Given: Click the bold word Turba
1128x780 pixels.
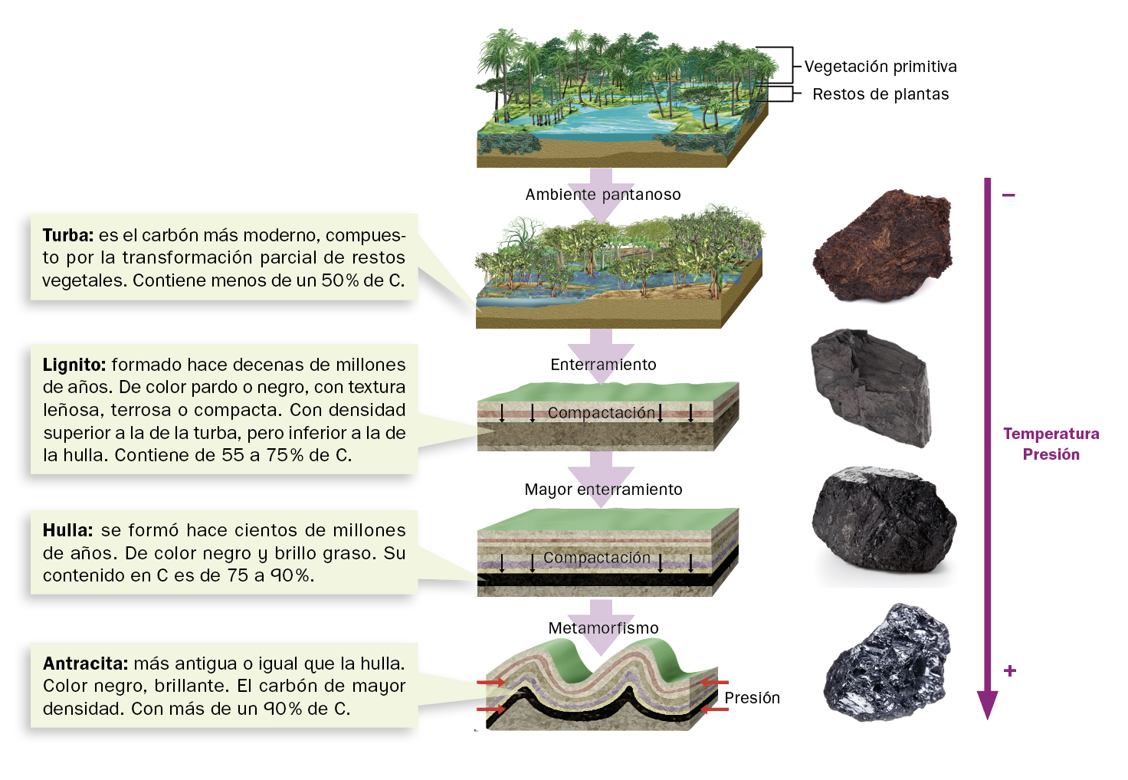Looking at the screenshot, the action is tap(68, 235).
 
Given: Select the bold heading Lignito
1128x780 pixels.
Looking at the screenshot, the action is tap(74, 365).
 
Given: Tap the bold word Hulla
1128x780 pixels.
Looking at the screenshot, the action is tap(67, 530).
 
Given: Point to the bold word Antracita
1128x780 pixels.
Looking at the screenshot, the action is tap(85, 664).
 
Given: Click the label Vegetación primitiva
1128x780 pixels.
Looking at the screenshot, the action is tap(880, 67).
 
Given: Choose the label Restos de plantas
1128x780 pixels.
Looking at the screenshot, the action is tap(880, 94).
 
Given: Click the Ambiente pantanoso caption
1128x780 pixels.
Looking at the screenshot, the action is tap(603, 195).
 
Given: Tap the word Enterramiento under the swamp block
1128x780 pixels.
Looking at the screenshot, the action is tap(603, 365).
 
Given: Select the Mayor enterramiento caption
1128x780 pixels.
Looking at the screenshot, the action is tap(603, 490).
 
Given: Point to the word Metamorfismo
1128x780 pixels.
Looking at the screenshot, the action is tap(603, 628).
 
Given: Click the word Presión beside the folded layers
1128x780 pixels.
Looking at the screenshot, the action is tap(752, 698).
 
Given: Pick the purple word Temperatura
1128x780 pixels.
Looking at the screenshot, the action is tap(1051, 434).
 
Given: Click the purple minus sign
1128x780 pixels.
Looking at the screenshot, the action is tap(1008, 195).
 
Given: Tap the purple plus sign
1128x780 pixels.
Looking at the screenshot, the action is tap(1010, 670).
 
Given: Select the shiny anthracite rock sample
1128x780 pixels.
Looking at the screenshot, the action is tap(887, 663).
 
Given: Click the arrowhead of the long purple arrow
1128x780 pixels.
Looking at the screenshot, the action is tap(987, 705).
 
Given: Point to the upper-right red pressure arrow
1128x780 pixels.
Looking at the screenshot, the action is tap(716, 682).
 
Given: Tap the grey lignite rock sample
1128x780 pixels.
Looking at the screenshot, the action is tap(872, 387).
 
